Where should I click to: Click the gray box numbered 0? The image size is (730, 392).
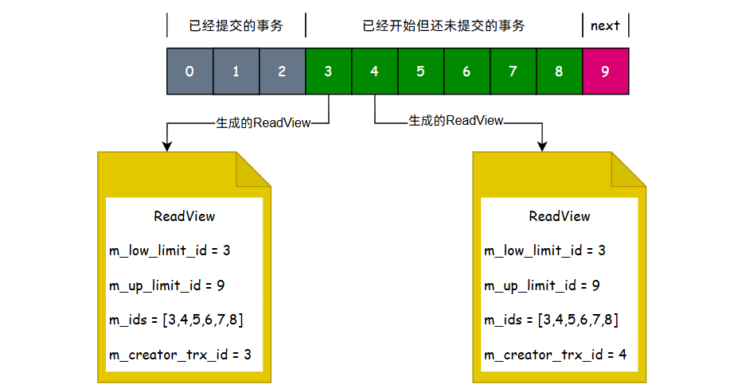point(189,72)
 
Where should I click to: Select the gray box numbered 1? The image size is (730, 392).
point(236,72)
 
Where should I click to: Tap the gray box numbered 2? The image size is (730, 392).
point(282,72)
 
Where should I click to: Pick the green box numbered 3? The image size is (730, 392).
point(328,72)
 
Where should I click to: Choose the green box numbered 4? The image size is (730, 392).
point(374,72)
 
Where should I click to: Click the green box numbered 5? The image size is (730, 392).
point(420,72)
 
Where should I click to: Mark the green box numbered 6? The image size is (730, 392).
point(466,72)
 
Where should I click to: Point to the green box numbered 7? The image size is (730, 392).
point(513,72)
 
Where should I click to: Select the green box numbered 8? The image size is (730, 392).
point(559,72)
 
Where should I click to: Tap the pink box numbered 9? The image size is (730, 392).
point(606,72)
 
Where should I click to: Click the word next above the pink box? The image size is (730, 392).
point(605,25)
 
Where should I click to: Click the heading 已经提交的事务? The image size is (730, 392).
point(236,25)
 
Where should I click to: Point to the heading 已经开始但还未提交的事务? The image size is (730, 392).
point(443,25)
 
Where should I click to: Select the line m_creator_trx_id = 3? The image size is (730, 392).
point(180,355)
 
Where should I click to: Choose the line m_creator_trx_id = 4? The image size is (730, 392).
point(555,355)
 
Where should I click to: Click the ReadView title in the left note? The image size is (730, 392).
point(184,216)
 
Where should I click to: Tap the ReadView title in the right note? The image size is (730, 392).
point(560,216)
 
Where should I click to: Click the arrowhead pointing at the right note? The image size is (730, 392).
point(543,146)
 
